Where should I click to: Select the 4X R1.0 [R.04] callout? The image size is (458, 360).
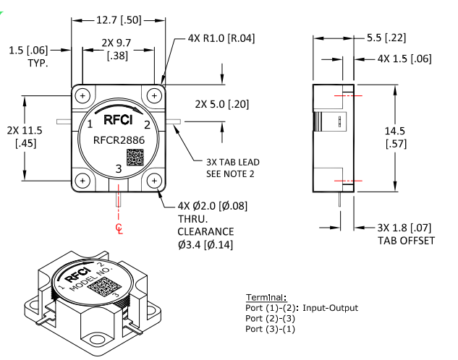(x=220, y=38)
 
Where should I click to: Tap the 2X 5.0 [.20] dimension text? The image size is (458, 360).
(x=221, y=104)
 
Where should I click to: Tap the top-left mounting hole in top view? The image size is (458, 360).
(x=84, y=95)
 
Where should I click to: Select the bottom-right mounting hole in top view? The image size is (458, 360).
(x=154, y=180)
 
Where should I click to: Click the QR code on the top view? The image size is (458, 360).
(x=135, y=158)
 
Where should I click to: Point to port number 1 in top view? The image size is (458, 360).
(x=90, y=124)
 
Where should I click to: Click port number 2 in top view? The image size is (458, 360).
(x=147, y=125)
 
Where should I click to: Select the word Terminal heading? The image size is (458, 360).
(x=266, y=298)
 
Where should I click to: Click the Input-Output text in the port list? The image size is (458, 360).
(x=331, y=308)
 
